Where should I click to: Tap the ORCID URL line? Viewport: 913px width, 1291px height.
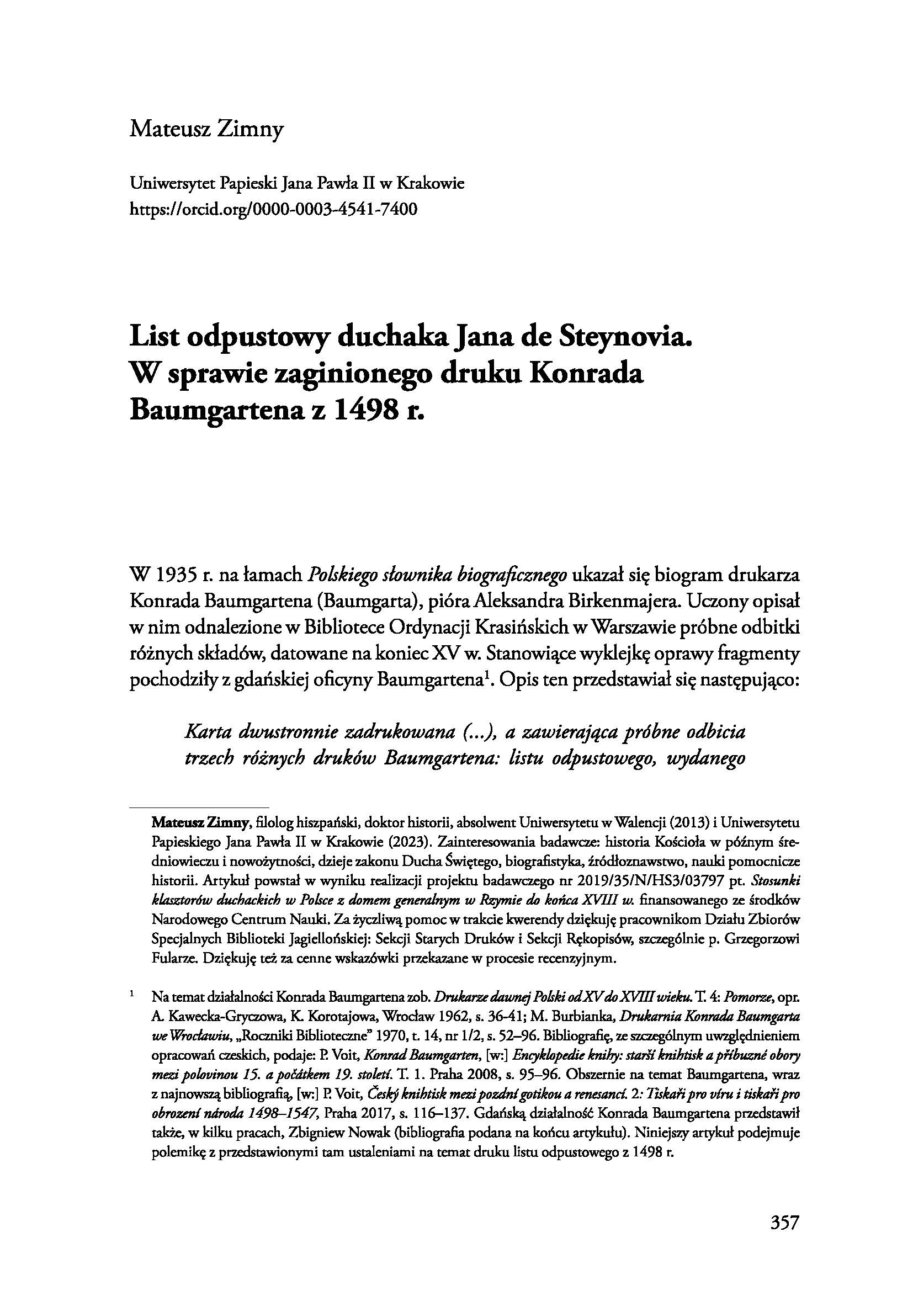click(x=273, y=210)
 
